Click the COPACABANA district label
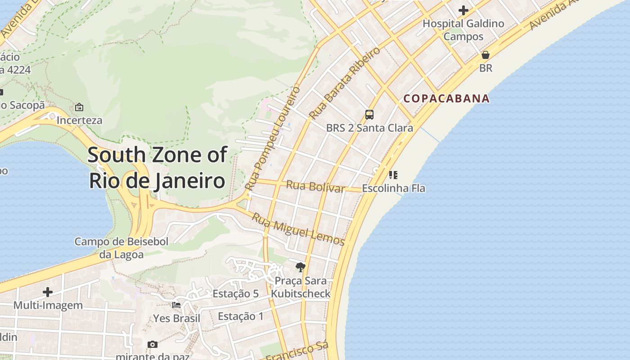pos(446,99)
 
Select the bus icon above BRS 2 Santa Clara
pos(369,114)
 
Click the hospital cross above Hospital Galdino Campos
pos(463,10)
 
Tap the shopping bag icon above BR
pos(485,55)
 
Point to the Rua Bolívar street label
pos(315,186)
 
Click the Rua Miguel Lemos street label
pos(298,229)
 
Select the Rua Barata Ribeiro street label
pos(345,83)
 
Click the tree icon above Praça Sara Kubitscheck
pos(300,267)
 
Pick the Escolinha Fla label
pos(393,188)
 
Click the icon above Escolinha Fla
pos(393,175)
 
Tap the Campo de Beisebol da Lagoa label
pos(121,248)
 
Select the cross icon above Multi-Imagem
pos(48,292)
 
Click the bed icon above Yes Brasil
pos(176,305)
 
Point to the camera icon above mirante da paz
pos(153,344)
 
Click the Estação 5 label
pos(235,294)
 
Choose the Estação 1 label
pos(241,316)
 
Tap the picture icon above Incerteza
pos(79,107)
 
